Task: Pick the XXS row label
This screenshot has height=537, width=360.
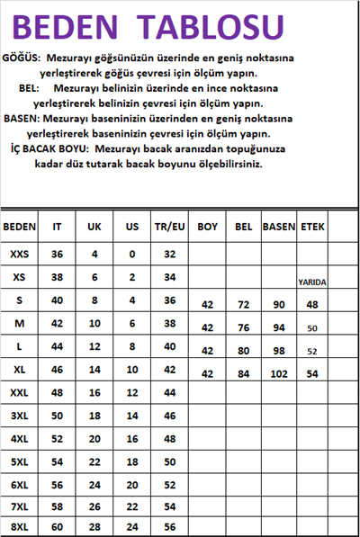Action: (x=19, y=255)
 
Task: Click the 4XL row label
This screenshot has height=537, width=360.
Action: (x=19, y=438)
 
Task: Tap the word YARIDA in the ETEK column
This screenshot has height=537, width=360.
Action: (x=312, y=282)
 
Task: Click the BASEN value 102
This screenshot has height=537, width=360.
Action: (x=278, y=373)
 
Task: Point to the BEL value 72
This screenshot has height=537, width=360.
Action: (x=243, y=306)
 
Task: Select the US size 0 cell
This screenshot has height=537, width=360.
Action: (x=131, y=255)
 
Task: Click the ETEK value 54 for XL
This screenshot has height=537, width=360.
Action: (x=312, y=373)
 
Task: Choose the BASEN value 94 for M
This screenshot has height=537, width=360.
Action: (x=278, y=328)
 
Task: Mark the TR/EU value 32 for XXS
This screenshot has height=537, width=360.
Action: (x=168, y=255)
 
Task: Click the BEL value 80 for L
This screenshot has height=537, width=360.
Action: (x=243, y=351)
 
